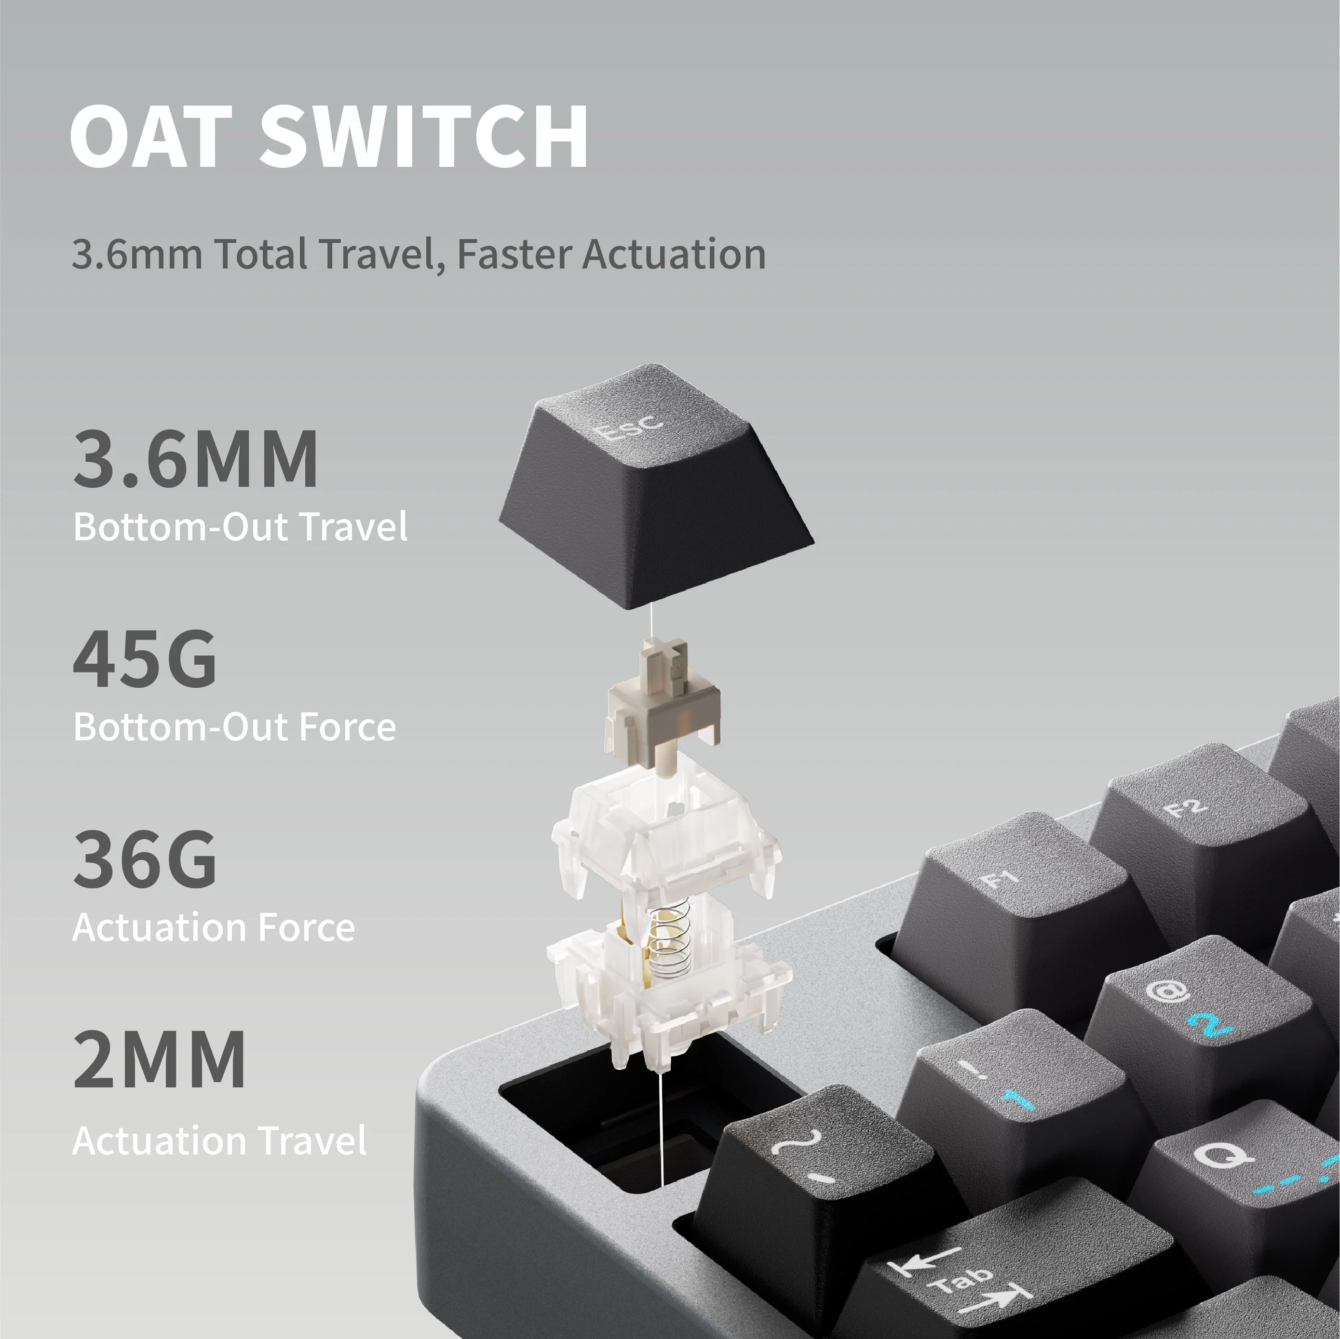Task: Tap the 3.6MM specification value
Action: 196,459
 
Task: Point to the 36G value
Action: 144,860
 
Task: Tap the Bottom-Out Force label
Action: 234,727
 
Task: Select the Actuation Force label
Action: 213,927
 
